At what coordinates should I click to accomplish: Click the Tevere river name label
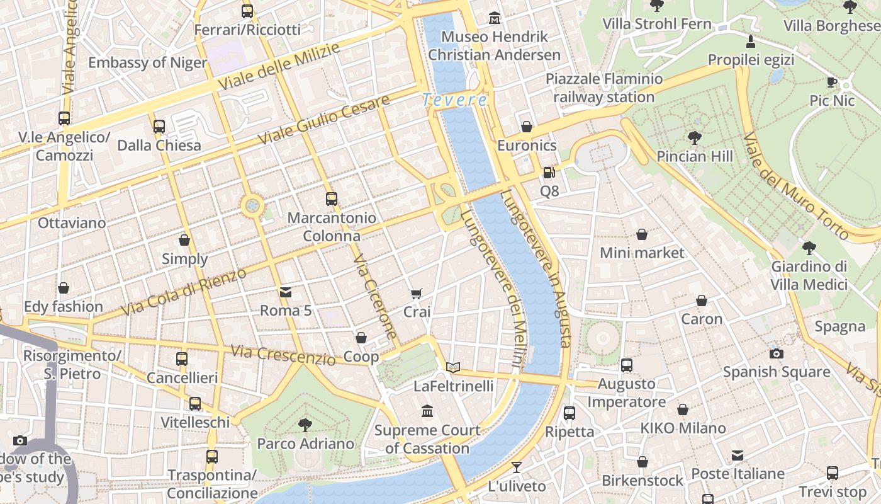[x=454, y=100]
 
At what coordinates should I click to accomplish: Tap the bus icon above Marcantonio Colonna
[x=332, y=199]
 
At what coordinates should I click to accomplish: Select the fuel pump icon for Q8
[x=549, y=172]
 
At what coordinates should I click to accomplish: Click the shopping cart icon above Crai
[x=416, y=294]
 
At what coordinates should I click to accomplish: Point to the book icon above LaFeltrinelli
[x=453, y=367]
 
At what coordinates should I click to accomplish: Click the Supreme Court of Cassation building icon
[x=427, y=411]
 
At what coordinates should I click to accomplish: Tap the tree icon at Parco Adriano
[x=305, y=425]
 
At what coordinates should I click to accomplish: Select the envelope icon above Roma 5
[x=286, y=292]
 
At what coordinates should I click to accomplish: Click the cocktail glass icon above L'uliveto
[x=517, y=467]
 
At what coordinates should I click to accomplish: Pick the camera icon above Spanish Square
[x=776, y=353]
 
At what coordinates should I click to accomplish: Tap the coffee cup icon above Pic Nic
[x=832, y=82]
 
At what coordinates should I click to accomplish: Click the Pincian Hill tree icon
[x=695, y=137]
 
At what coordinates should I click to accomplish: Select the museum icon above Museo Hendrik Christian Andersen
[x=495, y=18]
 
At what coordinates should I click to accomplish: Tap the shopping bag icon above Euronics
[x=527, y=127]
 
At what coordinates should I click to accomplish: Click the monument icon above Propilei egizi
[x=750, y=42]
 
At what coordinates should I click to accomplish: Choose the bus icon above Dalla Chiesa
[x=159, y=127]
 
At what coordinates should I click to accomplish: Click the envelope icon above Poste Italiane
[x=738, y=455]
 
